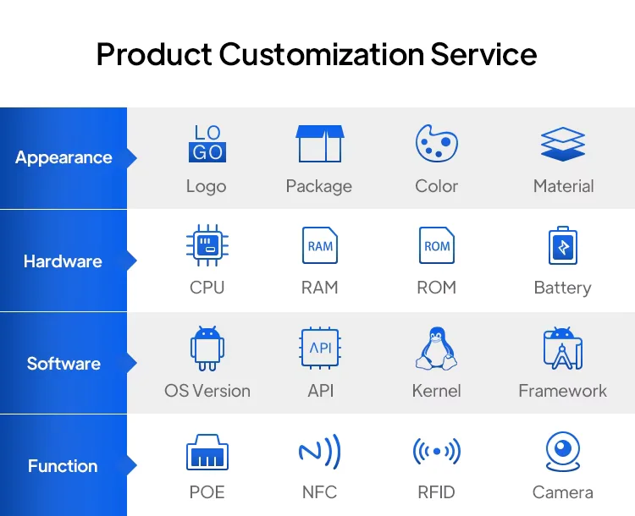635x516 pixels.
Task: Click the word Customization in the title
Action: tap(322, 54)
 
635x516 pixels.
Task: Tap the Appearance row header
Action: tap(63, 158)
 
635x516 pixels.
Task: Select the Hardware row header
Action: tap(63, 261)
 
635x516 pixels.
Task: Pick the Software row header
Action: tap(63, 364)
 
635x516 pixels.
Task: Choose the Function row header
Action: tap(63, 466)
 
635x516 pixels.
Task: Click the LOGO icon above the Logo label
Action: tap(207, 143)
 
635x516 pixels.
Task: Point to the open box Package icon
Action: tap(320, 143)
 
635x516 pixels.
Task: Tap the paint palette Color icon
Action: tap(437, 143)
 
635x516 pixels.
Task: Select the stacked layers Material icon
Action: tap(563, 144)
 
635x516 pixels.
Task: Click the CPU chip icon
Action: tap(207, 245)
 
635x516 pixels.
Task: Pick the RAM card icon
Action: tap(320, 245)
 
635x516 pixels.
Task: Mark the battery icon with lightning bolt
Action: tap(563, 245)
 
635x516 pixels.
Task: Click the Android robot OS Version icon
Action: tap(207, 349)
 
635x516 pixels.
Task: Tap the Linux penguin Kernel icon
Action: tap(437, 349)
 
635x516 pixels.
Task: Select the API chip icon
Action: tap(320, 348)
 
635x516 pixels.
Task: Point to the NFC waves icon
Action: tap(320, 452)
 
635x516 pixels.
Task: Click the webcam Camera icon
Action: tap(563, 452)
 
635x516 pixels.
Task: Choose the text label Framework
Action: tap(563, 391)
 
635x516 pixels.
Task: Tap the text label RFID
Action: tap(437, 492)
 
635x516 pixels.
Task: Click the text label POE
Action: tap(207, 492)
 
